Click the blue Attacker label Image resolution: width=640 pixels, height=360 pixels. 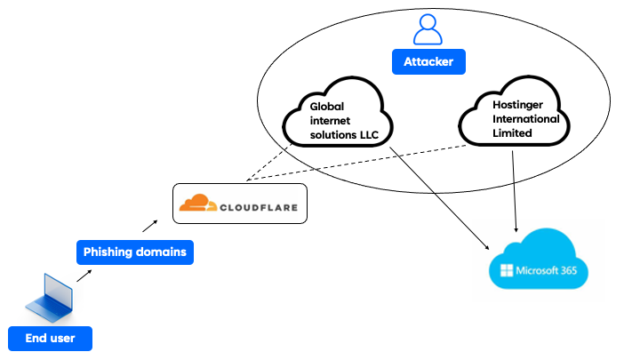pyautogui.click(x=428, y=62)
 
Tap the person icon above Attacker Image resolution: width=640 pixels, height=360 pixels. pyautogui.click(x=428, y=30)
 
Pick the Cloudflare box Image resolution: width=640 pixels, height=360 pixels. pyautogui.click(x=238, y=204)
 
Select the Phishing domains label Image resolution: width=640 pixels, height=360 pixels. pyautogui.click(x=134, y=252)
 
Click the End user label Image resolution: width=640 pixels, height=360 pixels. pyautogui.click(x=50, y=338)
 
